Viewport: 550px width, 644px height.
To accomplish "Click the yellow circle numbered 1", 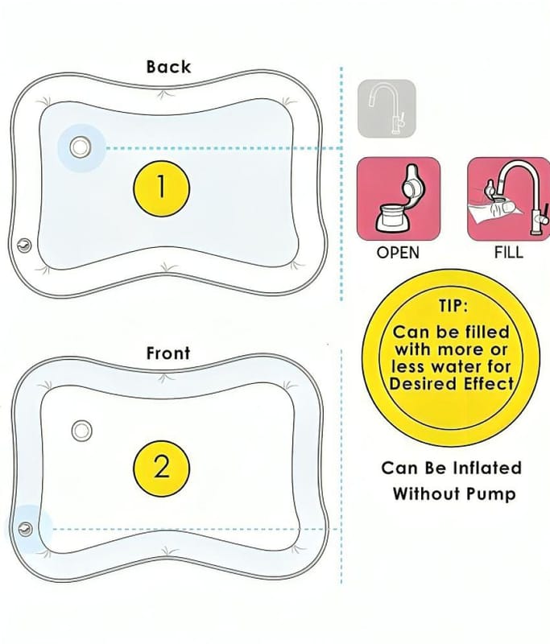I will pos(161,187).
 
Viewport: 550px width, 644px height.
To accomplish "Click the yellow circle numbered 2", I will pos(161,467).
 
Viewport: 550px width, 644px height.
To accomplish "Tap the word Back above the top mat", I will pos(168,67).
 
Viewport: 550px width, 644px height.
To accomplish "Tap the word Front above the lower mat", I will pos(168,353).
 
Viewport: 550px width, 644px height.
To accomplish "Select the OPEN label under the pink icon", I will pos(398,253).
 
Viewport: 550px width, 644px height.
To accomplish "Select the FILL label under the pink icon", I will pos(508,253).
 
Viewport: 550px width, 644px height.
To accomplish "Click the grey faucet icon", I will pos(387,108).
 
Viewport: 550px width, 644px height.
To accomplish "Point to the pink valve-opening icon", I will pos(398,199).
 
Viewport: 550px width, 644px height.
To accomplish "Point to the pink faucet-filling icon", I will pos(508,199).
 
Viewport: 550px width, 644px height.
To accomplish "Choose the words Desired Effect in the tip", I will pos(452,384).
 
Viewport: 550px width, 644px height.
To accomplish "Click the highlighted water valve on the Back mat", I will pos(80,147).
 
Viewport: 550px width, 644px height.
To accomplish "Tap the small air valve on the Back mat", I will pos(24,245).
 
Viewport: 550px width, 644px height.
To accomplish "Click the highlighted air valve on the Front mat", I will pos(25,528).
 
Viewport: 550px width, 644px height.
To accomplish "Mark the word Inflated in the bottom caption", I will pos(482,468).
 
